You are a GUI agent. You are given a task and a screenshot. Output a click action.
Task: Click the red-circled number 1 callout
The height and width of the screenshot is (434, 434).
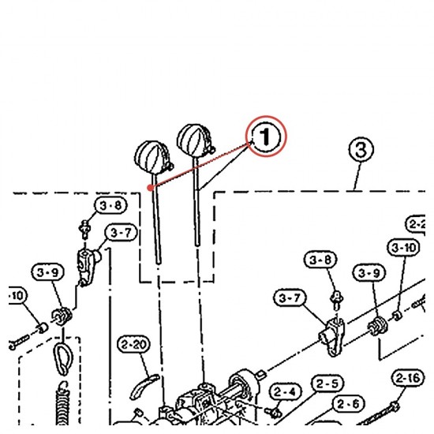266,137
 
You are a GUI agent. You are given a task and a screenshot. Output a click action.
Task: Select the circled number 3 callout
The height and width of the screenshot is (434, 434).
361,150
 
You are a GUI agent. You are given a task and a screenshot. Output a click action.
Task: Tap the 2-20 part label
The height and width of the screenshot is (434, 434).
134,345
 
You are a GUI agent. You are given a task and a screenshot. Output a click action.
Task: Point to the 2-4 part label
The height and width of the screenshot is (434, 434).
285,391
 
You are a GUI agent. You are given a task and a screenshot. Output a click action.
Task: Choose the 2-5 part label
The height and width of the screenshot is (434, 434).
327,383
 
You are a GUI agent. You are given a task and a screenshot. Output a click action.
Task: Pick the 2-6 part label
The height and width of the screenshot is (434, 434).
349,404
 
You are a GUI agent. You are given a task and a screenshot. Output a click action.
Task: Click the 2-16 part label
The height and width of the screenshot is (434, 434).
408,378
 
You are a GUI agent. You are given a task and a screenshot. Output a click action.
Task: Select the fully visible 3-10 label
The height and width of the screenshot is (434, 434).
404,248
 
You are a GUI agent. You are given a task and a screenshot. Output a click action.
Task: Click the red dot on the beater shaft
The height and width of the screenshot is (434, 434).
150,188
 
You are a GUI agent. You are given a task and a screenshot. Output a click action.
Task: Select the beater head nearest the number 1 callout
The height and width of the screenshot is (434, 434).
196,140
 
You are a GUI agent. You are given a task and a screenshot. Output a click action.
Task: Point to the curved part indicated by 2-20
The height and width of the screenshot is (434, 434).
144,386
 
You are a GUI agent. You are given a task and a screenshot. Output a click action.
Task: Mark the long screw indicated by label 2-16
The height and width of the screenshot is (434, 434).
378,414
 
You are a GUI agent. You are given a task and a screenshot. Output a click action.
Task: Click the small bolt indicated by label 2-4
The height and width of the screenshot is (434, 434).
273,412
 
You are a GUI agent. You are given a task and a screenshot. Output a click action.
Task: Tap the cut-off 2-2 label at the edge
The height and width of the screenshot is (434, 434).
416,224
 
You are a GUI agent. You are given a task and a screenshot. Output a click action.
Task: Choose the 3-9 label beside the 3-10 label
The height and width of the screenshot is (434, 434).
369,273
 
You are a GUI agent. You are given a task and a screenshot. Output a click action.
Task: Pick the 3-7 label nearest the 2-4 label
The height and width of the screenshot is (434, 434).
290,297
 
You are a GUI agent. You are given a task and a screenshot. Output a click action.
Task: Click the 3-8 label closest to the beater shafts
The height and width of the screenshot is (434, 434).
110,206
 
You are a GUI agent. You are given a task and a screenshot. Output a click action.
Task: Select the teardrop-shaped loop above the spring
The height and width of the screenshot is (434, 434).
63,359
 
